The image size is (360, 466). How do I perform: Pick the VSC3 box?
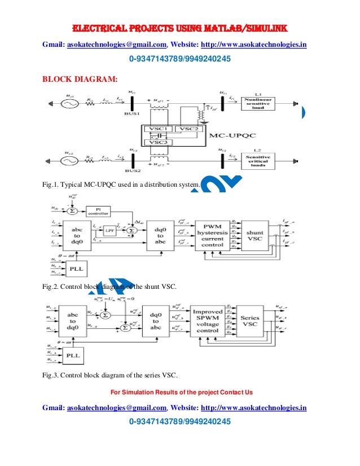coord(158,143)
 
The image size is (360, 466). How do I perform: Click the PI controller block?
coord(99,210)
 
